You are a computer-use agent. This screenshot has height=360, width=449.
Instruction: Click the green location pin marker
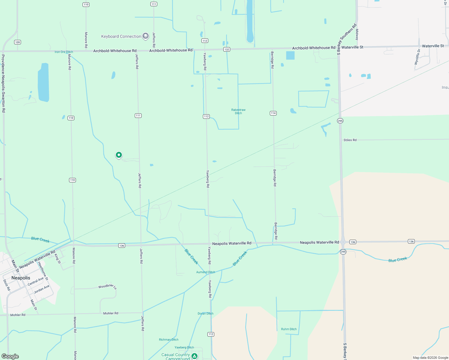tap(119, 155)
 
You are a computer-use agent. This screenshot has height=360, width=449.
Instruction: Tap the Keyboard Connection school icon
tap(146, 36)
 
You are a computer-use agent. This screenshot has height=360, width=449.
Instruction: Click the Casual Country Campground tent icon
tap(194, 356)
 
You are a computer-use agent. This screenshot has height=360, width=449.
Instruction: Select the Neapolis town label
tap(21, 278)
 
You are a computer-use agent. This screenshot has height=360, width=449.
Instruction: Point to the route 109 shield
tap(17, 42)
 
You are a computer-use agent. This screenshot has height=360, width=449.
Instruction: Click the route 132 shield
tap(227, 49)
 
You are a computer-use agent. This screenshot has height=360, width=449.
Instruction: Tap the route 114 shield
tap(273, 113)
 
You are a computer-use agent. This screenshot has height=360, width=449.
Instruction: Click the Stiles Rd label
tap(350, 140)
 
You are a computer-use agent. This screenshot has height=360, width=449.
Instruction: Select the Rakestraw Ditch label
tap(238, 111)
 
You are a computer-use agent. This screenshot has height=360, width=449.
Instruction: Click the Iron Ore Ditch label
tap(64, 52)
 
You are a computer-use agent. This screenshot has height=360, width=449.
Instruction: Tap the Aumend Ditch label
tap(206, 272)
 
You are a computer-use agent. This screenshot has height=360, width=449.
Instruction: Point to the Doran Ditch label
tap(206, 313)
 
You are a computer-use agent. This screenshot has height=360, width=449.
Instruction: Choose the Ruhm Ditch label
tap(289, 329)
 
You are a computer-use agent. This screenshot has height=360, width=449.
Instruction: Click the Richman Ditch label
tap(169, 340)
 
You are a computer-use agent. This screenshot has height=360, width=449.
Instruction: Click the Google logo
tap(10, 356)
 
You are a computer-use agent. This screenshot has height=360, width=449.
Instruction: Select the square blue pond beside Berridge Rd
tap(290, 55)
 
